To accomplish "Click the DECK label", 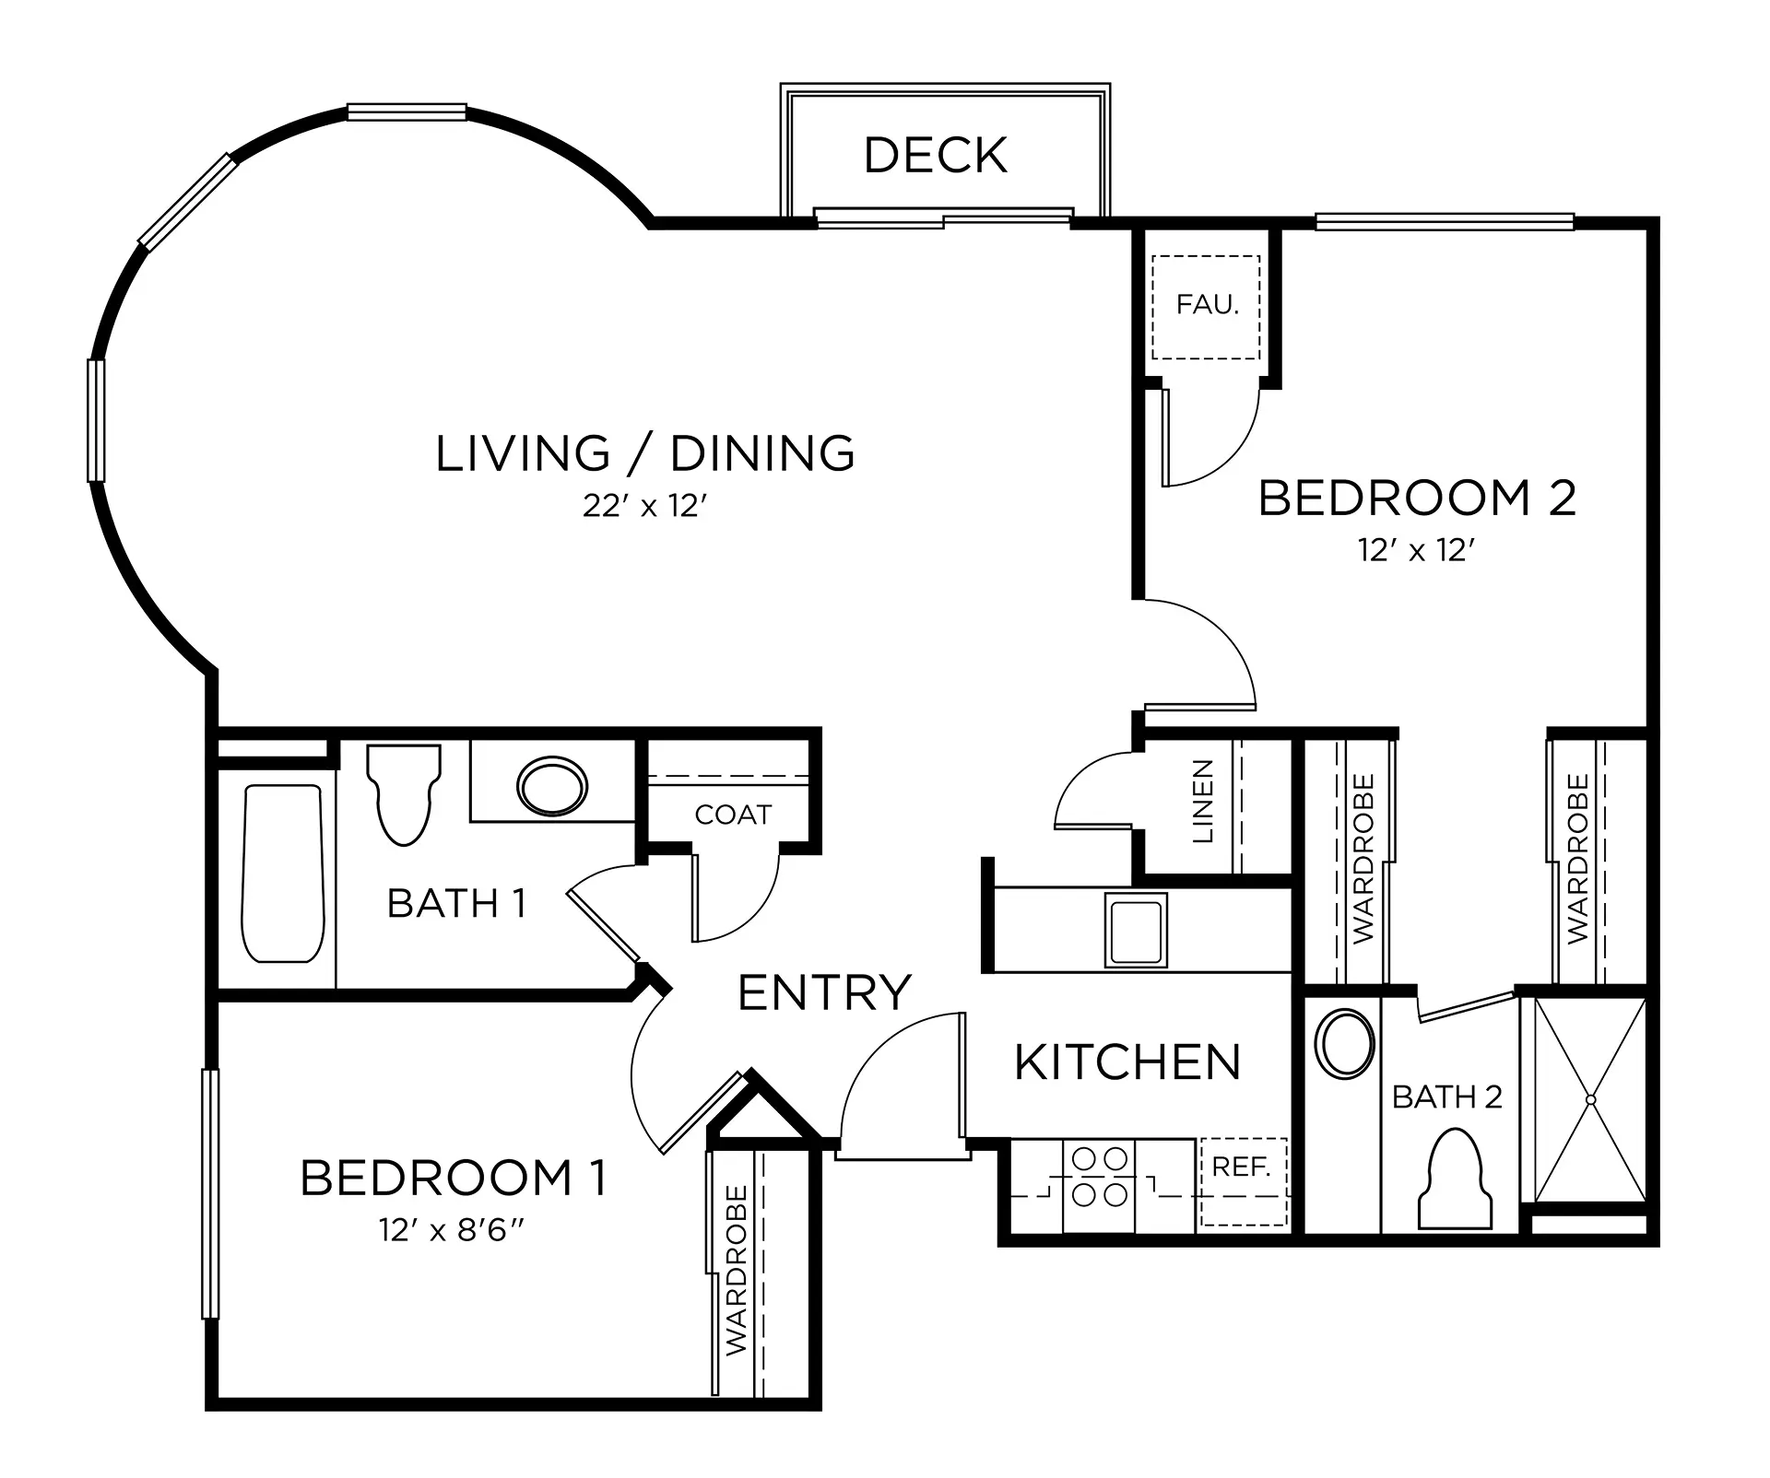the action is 936,155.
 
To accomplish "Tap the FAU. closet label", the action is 1207,304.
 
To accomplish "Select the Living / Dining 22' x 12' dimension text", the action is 644,506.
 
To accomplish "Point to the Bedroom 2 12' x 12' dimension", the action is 1417,550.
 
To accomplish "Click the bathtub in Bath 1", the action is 283,873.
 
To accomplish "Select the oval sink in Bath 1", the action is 552,786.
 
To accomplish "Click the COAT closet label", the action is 733,815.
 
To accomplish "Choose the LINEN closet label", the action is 1203,801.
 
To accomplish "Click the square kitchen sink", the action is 1136,929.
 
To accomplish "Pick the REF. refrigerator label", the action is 1242,1167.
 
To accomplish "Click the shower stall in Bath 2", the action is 1589,1099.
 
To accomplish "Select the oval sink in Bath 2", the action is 1347,1044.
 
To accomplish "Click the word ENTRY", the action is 824,992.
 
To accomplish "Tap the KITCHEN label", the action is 1127,1062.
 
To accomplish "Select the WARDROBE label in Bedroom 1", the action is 737,1270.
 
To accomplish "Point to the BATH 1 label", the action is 457,903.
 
